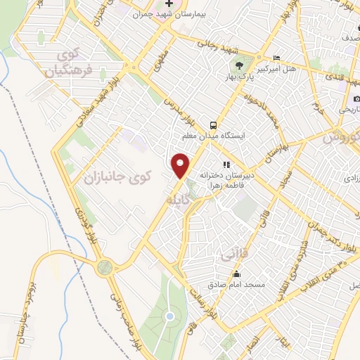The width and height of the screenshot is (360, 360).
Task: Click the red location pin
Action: tap(181, 165)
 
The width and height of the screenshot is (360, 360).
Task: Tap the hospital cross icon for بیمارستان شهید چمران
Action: tap(168, 6)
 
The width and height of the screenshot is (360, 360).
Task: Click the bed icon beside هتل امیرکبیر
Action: tap(276, 58)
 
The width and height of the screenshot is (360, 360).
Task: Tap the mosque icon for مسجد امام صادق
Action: tap(236, 275)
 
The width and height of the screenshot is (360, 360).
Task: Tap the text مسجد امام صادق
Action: tap(236, 285)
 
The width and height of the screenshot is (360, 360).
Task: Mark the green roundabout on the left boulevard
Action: tap(105, 267)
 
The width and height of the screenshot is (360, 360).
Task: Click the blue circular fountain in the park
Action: tap(169, 317)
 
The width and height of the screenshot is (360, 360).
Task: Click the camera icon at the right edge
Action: tap(356, 99)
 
